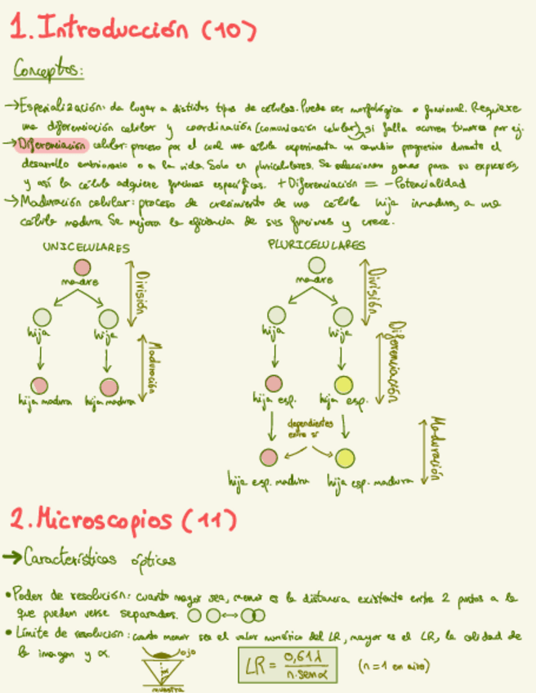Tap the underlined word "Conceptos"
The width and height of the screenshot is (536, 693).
(x=47, y=72)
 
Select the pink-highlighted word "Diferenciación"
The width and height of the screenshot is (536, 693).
(x=55, y=145)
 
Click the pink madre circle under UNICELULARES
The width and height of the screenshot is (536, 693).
(x=81, y=267)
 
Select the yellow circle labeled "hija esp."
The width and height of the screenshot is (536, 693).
(x=345, y=385)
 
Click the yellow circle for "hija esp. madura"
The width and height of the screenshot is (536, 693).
(x=346, y=458)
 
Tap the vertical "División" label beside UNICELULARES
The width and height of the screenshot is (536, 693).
(x=142, y=293)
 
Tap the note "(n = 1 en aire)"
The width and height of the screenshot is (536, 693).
(x=394, y=666)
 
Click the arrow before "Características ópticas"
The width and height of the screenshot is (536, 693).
(x=12, y=558)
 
